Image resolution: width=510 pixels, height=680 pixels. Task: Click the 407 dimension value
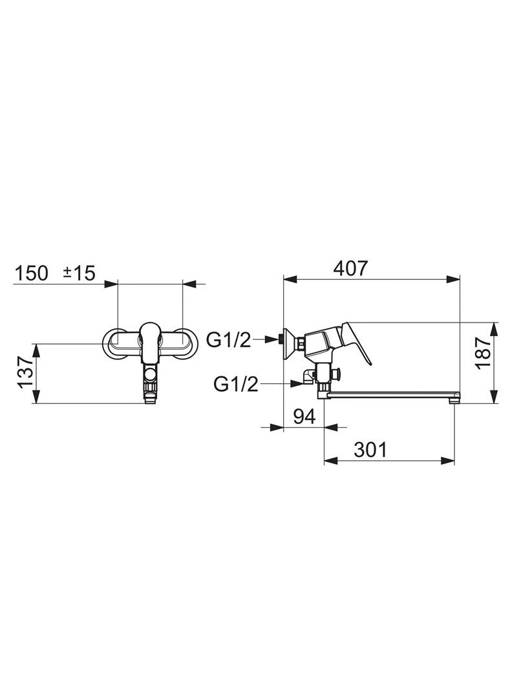tap(350, 269)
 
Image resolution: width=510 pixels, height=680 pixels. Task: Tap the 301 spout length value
tap(370, 450)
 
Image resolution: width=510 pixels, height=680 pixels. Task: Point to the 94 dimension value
tap(304, 417)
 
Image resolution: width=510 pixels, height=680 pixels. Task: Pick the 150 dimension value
tap(32, 273)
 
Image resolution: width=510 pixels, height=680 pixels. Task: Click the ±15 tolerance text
tap(79, 273)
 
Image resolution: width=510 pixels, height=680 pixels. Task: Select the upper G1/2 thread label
tap(229, 341)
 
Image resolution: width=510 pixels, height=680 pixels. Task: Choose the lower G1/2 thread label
tap(236, 384)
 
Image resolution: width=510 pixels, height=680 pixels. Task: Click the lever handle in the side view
tap(356, 341)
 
